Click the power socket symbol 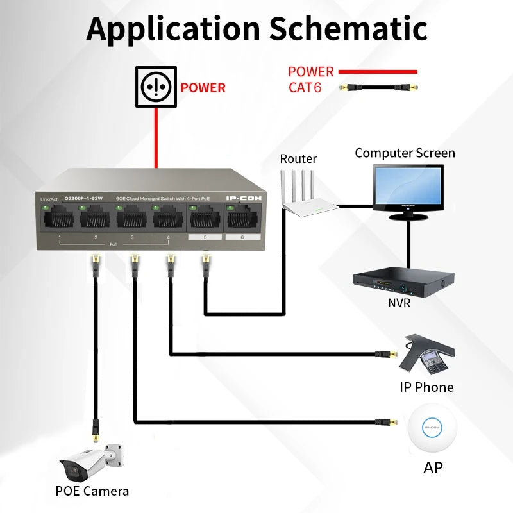point(155,86)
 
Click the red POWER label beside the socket point(203,88)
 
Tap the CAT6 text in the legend point(305,87)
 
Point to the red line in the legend point(378,72)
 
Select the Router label point(298,159)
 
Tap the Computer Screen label point(405,153)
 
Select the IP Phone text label point(426,387)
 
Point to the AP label point(433,468)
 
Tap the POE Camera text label point(92,492)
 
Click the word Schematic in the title point(348,28)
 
